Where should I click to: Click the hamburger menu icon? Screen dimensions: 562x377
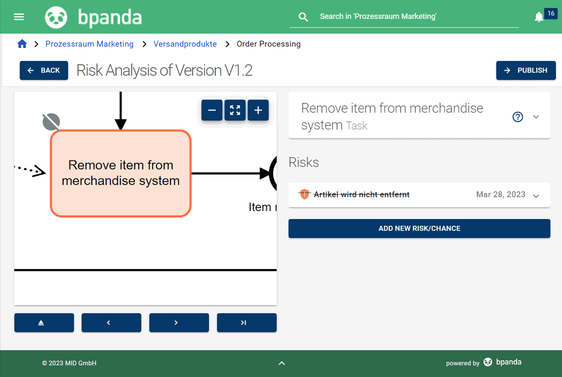[x=19, y=17]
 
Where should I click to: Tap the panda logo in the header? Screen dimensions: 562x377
[x=56, y=17]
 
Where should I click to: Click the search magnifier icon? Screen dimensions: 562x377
[x=303, y=17]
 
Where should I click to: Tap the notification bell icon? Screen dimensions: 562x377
[x=539, y=17]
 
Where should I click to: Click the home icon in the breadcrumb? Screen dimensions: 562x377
[x=22, y=44]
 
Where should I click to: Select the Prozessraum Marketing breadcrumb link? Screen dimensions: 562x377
[x=89, y=44]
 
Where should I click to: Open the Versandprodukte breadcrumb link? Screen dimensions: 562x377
[x=185, y=44]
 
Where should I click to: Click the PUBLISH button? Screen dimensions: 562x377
[x=526, y=70]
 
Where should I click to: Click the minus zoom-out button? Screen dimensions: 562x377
[x=212, y=110]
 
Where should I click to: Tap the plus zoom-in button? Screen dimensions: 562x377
[x=258, y=110]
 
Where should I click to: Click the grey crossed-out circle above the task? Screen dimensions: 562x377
[x=51, y=122]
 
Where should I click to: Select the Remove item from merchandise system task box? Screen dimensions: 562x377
[x=121, y=173]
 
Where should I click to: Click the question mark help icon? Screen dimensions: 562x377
[x=518, y=117]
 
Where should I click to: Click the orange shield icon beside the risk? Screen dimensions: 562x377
[x=305, y=194]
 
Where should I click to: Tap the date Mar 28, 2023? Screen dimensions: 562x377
[x=501, y=194]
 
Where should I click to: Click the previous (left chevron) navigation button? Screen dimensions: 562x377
[x=111, y=323]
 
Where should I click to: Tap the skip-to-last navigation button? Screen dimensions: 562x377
[x=247, y=323]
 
